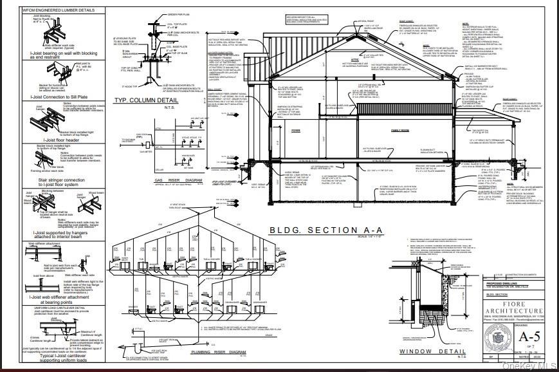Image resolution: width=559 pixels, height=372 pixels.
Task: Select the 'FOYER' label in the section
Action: coord(296,131)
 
